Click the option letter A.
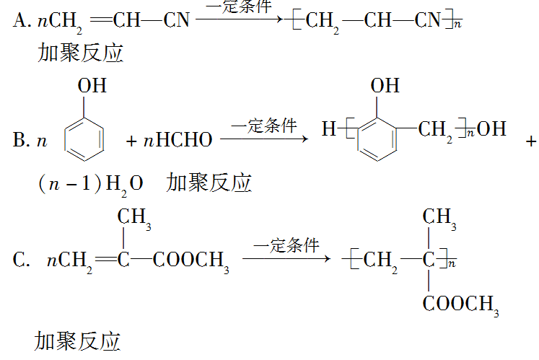[x=19, y=20]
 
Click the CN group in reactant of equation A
[x=176, y=20]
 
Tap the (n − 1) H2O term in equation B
[x=89, y=183]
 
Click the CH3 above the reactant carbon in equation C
[x=134, y=216]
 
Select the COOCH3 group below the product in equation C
[x=460, y=304]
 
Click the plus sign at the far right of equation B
[x=531, y=141]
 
